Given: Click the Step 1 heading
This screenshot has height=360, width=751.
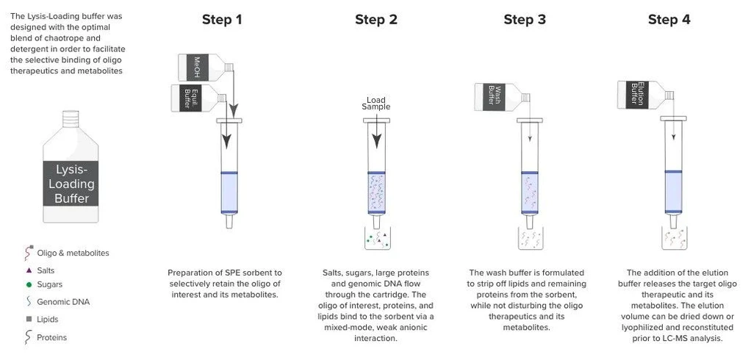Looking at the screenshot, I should (x=222, y=20).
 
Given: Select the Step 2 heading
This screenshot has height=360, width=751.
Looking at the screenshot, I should (x=375, y=20).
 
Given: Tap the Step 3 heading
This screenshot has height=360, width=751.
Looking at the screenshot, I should (x=525, y=20).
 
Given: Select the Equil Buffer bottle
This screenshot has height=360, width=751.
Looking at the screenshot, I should (x=193, y=98).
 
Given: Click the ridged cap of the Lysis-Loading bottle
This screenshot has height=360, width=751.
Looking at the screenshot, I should (x=71, y=117).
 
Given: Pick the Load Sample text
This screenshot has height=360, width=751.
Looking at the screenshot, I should (x=375, y=104).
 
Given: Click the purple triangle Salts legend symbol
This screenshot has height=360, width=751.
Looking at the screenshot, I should (x=29, y=270).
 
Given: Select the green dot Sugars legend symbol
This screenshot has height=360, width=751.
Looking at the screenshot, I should (x=29, y=284).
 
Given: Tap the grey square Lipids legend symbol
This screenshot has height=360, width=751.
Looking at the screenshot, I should (x=29, y=320).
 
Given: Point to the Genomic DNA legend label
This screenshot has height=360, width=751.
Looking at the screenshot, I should (x=63, y=302).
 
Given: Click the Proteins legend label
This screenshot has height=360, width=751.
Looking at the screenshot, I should (x=51, y=338).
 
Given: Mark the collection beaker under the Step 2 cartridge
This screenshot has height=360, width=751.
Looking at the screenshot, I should (x=376, y=238).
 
